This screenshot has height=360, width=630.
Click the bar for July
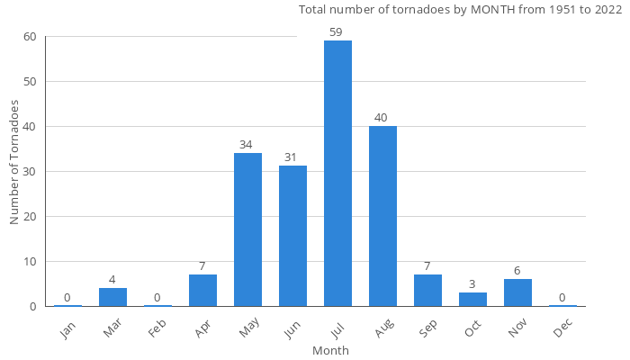[x=337, y=174]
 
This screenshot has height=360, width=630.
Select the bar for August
[x=382, y=216]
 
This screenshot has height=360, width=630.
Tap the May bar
[x=247, y=229]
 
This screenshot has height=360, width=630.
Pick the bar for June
[x=292, y=236]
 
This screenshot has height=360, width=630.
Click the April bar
[x=202, y=290]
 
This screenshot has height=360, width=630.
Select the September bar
[x=427, y=290]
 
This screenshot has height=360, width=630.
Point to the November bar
[x=517, y=292]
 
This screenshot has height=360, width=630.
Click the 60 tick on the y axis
[x=30, y=37]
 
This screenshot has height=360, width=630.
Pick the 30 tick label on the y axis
[x=30, y=172]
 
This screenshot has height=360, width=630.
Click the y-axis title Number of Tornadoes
[x=14, y=162]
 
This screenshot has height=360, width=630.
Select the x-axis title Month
[x=330, y=350]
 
